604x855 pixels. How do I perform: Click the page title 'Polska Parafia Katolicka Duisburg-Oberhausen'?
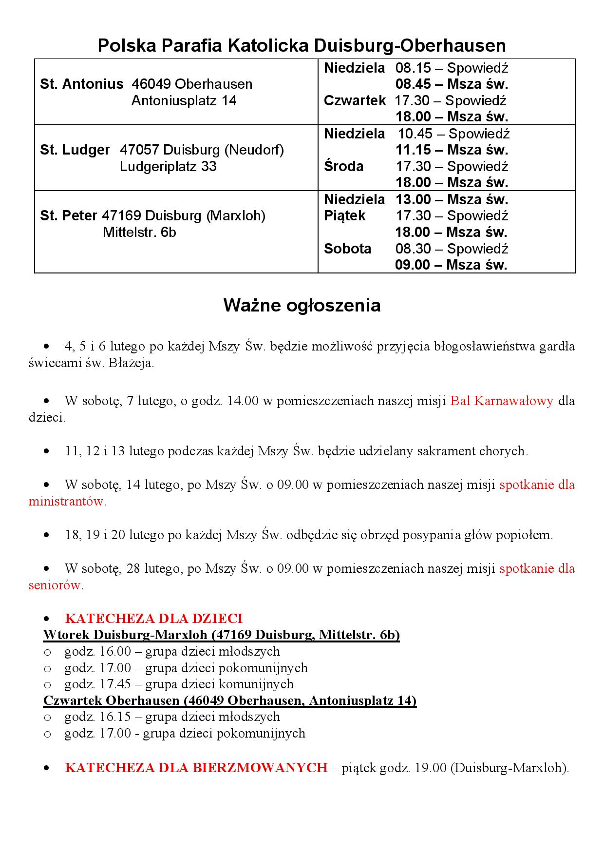(302, 46)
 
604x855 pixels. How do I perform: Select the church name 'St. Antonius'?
(82, 84)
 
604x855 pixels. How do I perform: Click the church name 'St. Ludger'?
(75, 150)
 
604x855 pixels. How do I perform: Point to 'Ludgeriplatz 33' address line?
(168, 167)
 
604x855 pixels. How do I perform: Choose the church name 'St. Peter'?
(69, 216)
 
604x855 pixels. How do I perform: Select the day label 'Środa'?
(344, 167)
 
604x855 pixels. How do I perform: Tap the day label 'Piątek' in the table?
(345, 216)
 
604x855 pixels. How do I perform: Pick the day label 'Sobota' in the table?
(348, 249)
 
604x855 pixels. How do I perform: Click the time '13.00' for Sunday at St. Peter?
(413, 200)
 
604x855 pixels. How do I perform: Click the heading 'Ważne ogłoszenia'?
(302, 306)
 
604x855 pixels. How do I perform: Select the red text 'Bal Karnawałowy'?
(502, 401)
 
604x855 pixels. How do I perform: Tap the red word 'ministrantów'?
(67, 502)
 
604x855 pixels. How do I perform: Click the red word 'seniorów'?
(56, 585)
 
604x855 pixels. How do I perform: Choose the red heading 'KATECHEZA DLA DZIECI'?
(153, 619)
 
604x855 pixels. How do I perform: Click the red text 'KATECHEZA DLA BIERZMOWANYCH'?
(196, 768)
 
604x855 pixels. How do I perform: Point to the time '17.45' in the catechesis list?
(115, 684)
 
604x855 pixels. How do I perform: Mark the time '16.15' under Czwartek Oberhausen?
(115, 717)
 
